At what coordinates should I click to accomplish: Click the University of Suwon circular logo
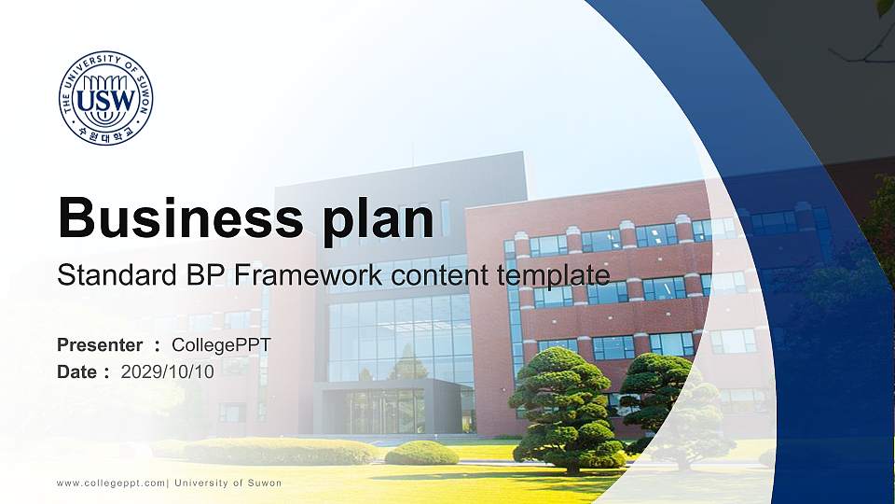[x=105, y=98]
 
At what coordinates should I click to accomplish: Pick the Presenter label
[x=100, y=345]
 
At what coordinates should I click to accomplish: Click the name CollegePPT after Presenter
[x=222, y=345]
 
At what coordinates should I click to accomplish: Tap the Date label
[x=77, y=371]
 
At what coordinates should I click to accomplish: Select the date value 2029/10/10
[x=168, y=371]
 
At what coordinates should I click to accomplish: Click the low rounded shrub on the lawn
[x=421, y=453]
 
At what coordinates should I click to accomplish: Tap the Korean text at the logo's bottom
[x=105, y=133]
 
